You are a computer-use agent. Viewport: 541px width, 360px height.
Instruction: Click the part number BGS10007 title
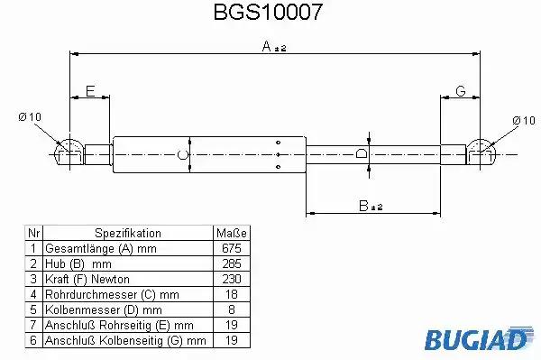tap(268, 13)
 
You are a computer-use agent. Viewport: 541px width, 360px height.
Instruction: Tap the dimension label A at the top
tap(274, 46)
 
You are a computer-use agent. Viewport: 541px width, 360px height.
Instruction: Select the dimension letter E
tap(90, 91)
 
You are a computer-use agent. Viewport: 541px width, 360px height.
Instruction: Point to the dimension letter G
tap(461, 91)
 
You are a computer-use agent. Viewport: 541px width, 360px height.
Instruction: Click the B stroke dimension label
tap(371, 206)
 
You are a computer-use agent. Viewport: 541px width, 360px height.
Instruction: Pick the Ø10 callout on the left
tap(30, 117)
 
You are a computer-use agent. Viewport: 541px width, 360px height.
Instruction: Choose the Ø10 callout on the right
tap(524, 121)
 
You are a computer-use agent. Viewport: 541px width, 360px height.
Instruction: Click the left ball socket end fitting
tap(69, 152)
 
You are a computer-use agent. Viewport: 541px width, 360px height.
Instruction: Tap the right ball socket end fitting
tap(481, 152)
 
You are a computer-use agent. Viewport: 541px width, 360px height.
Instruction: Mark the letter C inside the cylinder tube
tap(182, 154)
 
